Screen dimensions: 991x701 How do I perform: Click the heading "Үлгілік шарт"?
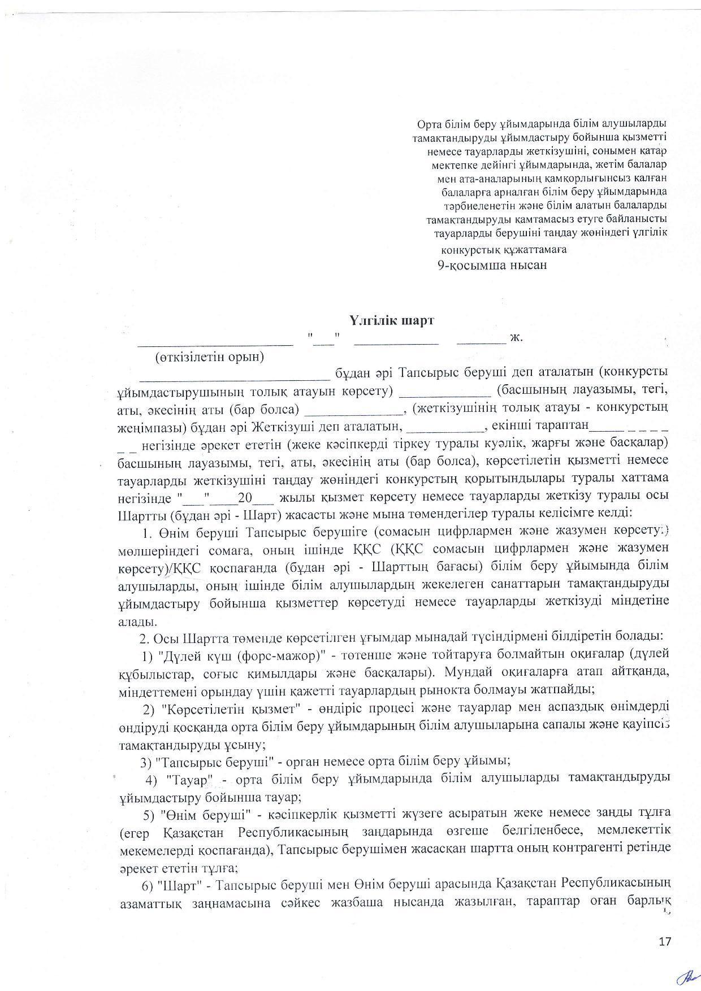pos(391,320)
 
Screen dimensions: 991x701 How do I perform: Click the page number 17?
pos(665,941)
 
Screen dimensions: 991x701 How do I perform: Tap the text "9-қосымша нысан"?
pos(492,264)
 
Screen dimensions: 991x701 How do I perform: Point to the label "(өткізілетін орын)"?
pos(210,357)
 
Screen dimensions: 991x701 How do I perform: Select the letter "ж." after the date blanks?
pos(517,338)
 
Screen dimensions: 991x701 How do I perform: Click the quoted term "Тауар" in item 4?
pos(189,779)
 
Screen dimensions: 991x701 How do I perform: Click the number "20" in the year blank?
pos(245,497)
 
